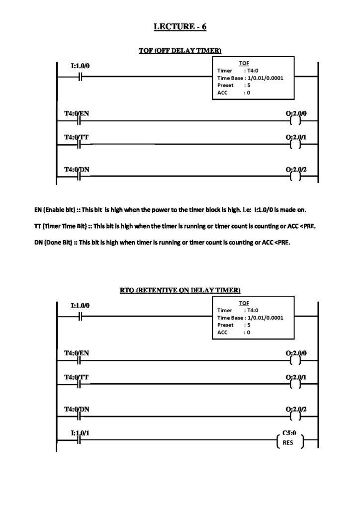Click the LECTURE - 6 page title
180,27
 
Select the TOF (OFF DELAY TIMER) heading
180,51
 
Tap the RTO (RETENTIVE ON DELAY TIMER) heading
180,289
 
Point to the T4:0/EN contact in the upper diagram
79,121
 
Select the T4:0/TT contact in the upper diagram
79,145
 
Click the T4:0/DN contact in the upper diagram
79,176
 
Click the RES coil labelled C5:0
288,440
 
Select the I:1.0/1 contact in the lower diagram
79,440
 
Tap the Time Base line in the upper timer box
250,78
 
